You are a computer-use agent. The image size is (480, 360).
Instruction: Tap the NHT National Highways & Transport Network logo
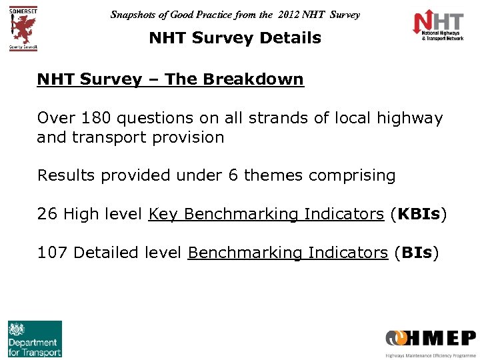tap(438, 27)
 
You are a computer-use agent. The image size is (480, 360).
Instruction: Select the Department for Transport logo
tap(35, 339)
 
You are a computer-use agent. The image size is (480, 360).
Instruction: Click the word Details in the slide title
tap(291, 38)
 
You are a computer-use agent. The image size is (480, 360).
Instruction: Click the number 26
tap(47, 214)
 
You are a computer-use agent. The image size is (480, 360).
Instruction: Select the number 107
tap(53, 253)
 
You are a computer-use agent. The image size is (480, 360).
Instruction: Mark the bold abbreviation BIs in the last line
tap(416, 253)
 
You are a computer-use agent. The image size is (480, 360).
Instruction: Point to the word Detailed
tap(105, 253)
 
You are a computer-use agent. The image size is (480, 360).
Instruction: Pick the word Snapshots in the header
tap(136, 14)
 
